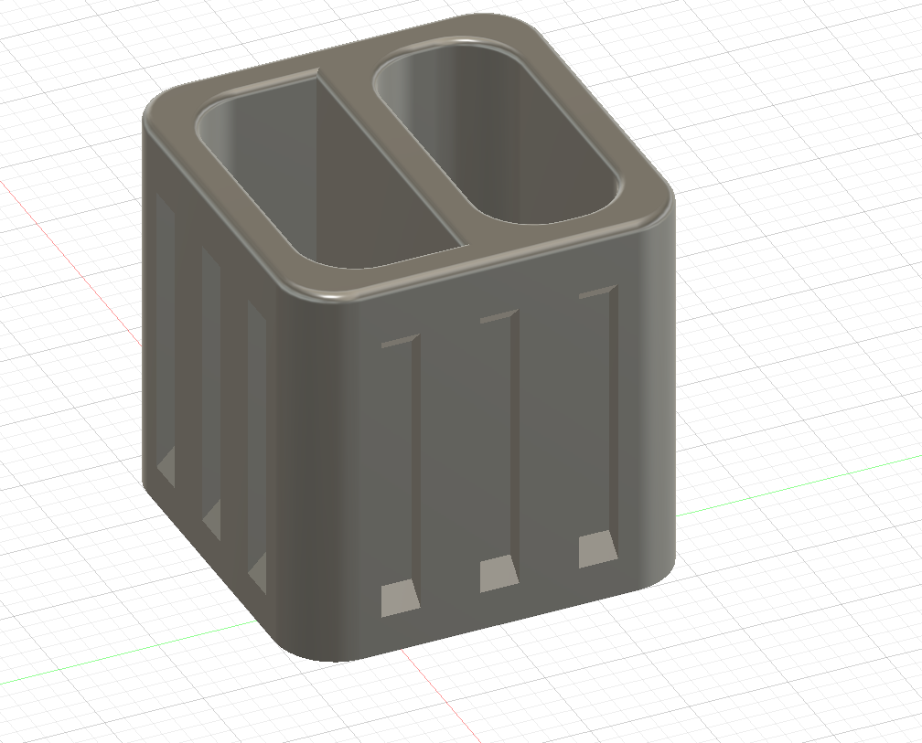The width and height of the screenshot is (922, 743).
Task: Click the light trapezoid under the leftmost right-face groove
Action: [x=399, y=599]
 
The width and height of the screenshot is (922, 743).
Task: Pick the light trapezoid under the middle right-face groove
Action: [x=499, y=573]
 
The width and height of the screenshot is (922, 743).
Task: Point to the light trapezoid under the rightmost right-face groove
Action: [x=596, y=547]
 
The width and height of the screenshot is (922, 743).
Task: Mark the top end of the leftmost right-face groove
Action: [x=401, y=343]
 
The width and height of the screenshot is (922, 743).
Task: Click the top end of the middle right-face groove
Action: [x=500, y=316]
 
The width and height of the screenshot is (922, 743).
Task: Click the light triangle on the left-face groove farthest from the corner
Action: [x=167, y=467]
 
